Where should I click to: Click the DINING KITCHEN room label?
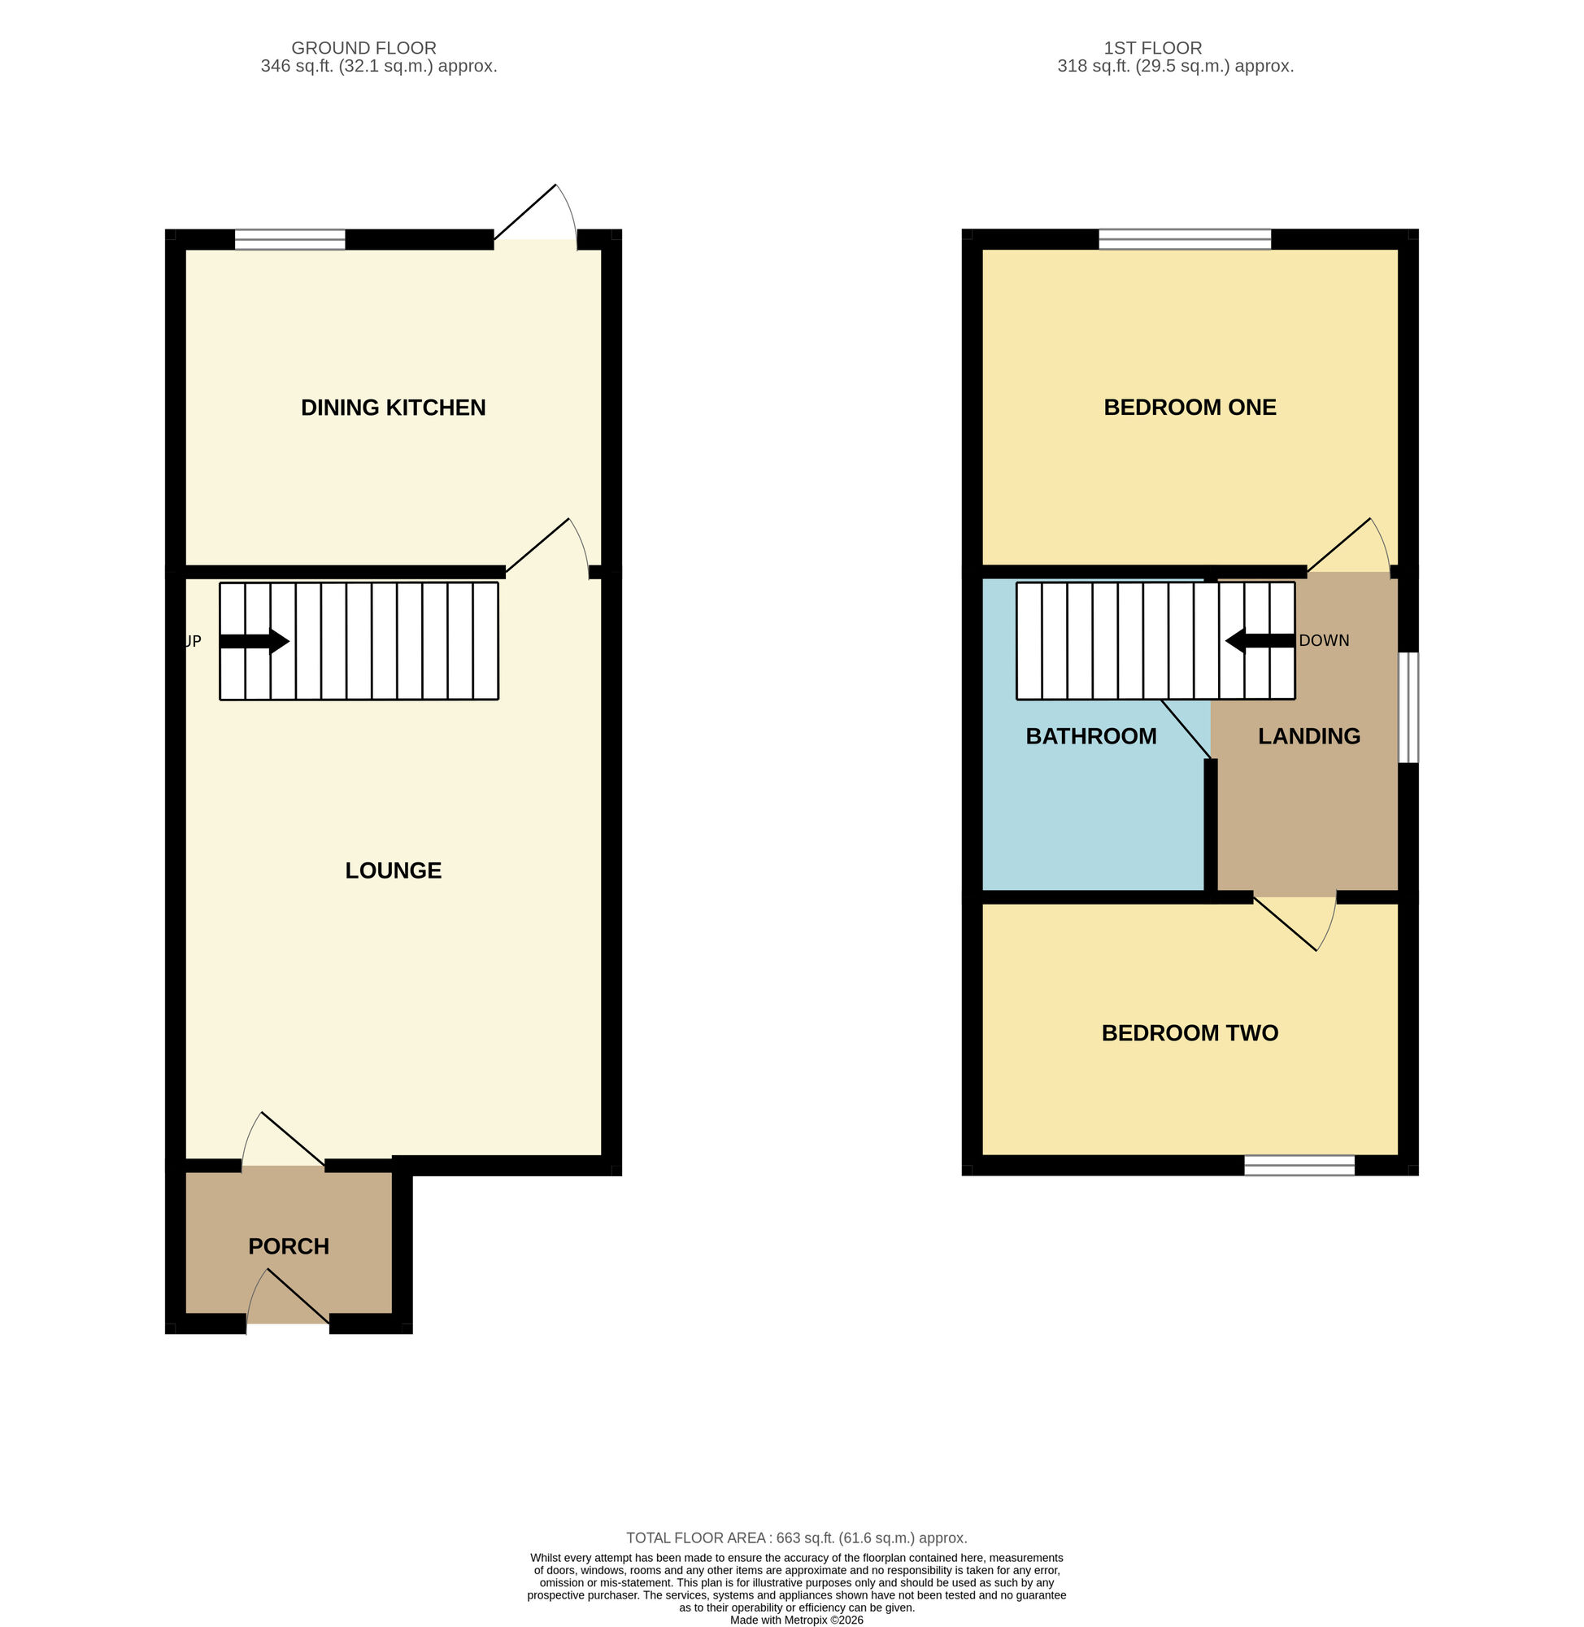[x=393, y=408]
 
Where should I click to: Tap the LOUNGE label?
[x=393, y=870]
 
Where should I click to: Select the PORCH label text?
[x=289, y=1246]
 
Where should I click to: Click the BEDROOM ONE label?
[x=1190, y=408]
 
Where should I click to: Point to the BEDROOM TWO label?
[x=1190, y=1034]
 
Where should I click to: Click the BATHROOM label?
[x=1090, y=736]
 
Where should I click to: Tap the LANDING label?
[x=1308, y=736]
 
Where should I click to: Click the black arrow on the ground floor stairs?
[x=255, y=642]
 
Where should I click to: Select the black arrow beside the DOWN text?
[x=1260, y=642]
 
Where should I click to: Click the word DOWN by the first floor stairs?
[x=1324, y=641]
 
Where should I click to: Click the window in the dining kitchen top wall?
[x=289, y=240]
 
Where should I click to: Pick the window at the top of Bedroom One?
[x=1185, y=240]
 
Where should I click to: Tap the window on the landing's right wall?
[x=1408, y=708]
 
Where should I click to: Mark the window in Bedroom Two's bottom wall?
[x=1299, y=1165]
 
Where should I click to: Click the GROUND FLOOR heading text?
[x=363, y=48]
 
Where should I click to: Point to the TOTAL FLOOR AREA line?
[x=796, y=1538]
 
